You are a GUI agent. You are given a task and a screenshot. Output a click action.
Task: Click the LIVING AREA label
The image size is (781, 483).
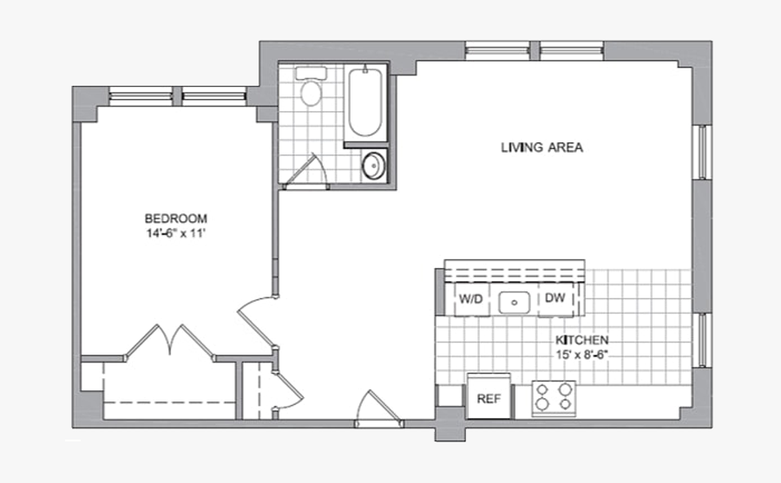(x=541, y=147)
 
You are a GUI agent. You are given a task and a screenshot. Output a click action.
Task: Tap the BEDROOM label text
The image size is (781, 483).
(x=175, y=219)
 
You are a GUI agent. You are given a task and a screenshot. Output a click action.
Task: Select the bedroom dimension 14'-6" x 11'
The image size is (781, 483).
(x=175, y=233)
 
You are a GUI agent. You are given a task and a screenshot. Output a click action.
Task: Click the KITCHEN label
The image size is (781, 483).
(x=581, y=341)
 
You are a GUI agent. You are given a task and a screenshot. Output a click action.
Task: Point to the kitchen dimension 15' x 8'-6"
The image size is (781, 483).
(x=581, y=355)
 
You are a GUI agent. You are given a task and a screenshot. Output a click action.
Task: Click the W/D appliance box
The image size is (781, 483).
(x=470, y=300)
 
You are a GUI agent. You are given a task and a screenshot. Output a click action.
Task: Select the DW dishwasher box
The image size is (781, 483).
(x=555, y=299)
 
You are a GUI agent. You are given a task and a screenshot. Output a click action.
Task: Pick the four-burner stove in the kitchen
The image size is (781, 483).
(x=553, y=397)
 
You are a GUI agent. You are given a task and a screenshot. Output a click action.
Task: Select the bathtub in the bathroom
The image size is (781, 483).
(x=364, y=104)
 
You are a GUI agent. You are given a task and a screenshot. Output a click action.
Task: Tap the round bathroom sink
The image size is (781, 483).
(x=374, y=164)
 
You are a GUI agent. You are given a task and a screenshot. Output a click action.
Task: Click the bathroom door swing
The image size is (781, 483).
(x=305, y=169)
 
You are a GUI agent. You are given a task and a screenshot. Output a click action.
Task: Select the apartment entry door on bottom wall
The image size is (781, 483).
(x=378, y=408)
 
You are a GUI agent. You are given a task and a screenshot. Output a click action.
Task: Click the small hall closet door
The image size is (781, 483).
(x=286, y=388)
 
